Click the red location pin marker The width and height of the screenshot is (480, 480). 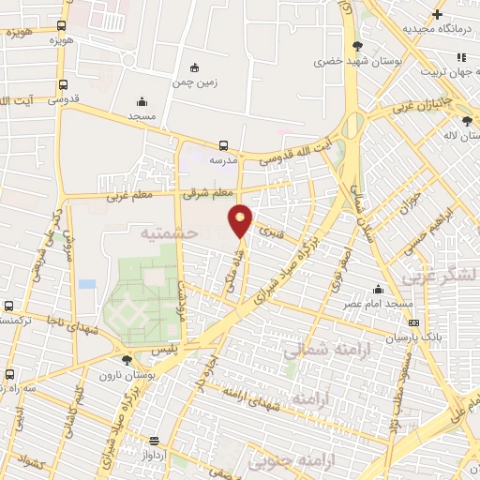click(x=241, y=220)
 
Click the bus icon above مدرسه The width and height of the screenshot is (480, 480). click(x=223, y=145)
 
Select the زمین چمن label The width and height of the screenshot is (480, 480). click(x=195, y=82)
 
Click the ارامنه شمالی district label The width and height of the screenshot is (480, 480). click(x=319, y=350)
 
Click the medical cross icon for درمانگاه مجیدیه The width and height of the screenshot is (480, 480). click(x=437, y=14)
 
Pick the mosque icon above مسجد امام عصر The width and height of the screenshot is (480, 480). click(x=378, y=289)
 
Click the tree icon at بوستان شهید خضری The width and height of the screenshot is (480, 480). click(x=356, y=46)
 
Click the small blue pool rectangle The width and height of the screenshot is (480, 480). click(x=87, y=283)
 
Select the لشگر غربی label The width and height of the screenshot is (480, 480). click(x=436, y=278)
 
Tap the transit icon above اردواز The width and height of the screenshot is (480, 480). click(x=154, y=441)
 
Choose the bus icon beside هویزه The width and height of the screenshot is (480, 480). click(x=62, y=26)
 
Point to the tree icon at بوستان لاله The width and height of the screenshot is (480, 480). click(x=467, y=120)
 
